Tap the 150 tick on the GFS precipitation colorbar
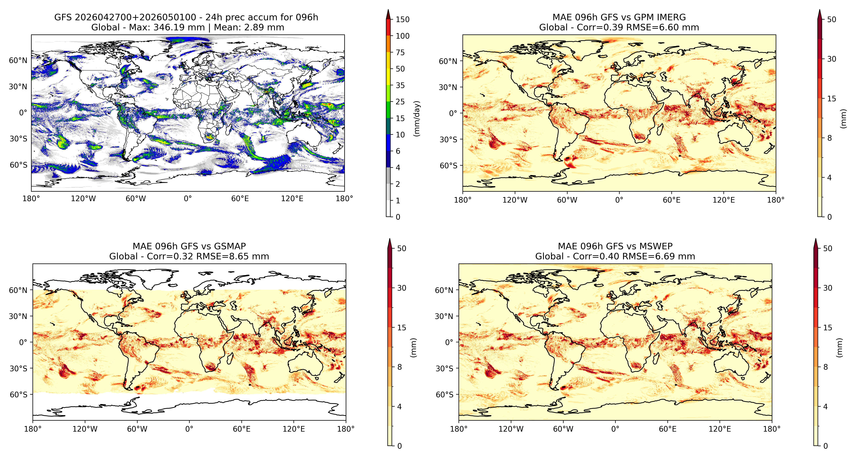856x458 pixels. [x=402, y=19]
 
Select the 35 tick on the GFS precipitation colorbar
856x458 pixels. [x=400, y=85]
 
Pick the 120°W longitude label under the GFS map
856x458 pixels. [x=83, y=199]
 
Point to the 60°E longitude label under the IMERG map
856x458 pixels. [x=672, y=200]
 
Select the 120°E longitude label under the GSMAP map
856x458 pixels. [x=294, y=429]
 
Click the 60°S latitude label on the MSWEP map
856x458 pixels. [x=445, y=395]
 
